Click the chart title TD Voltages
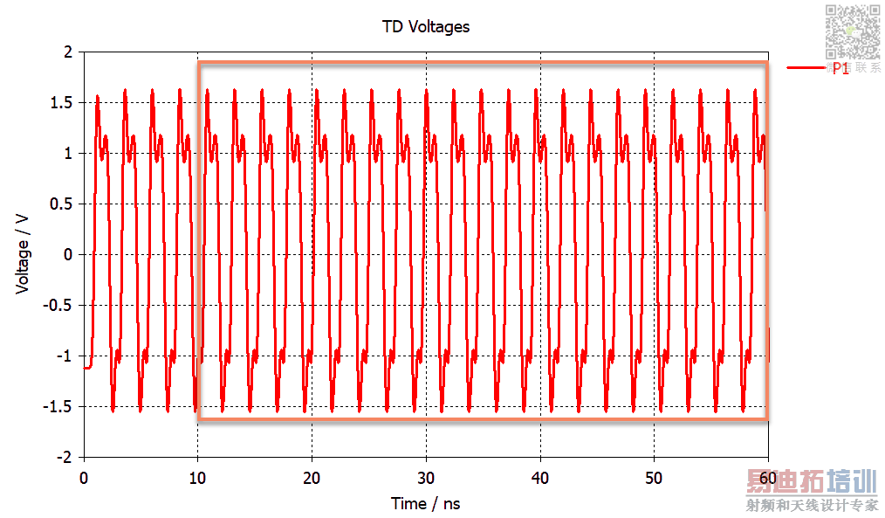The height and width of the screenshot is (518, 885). pos(426,26)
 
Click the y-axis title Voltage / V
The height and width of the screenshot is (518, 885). pos(24,254)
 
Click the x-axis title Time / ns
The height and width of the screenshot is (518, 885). pos(426,503)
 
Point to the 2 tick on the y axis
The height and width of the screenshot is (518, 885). pos(67,52)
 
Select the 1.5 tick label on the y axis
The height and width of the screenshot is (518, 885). pos(61,103)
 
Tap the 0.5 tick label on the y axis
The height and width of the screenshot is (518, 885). pos(61,204)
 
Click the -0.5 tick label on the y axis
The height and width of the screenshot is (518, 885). pos(58,306)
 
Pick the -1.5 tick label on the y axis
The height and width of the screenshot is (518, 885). pos(58,407)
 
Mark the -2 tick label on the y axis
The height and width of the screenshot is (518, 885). pos(65,458)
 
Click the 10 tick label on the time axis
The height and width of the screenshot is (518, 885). pos(198,478)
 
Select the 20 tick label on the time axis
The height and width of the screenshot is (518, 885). pos(312,478)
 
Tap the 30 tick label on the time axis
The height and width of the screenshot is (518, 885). pos(426,478)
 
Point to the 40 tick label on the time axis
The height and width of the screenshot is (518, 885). pos(540,478)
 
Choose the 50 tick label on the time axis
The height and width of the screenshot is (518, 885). pos(655,478)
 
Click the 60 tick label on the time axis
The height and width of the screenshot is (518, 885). pos(768,478)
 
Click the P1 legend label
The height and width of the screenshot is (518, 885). pos(840,68)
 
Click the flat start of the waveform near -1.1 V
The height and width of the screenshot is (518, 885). pos(87,368)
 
